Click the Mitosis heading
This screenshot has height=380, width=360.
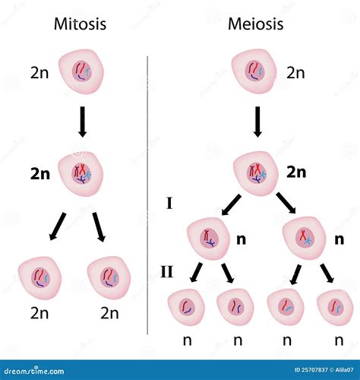click(80, 24)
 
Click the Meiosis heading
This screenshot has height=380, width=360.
click(255, 24)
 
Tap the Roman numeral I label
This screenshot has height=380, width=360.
click(169, 203)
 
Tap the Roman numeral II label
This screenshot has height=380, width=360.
click(167, 272)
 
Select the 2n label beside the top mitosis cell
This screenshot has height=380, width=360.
click(39, 73)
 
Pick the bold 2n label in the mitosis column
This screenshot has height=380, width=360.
click(40, 174)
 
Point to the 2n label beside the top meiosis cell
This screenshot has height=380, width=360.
click(295, 73)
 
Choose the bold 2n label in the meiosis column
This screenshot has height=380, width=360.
click(296, 173)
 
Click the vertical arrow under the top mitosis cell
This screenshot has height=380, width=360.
click(82, 122)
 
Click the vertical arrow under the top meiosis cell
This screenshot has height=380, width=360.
click(257, 122)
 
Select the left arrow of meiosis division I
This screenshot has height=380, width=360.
click(231, 204)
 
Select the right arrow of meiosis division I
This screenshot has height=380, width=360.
click(286, 203)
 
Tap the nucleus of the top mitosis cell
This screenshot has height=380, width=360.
click(82, 71)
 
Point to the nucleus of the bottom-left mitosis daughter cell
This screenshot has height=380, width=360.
click(40, 278)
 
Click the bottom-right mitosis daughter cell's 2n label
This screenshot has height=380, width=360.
click(109, 313)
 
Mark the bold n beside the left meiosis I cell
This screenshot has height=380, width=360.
click(241, 239)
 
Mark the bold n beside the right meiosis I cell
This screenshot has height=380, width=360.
click(339, 239)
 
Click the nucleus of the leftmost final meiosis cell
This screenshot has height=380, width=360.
click(187, 307)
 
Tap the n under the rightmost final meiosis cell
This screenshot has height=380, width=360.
click(339, 340)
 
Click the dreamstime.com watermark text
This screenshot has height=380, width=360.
click(34, 371)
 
